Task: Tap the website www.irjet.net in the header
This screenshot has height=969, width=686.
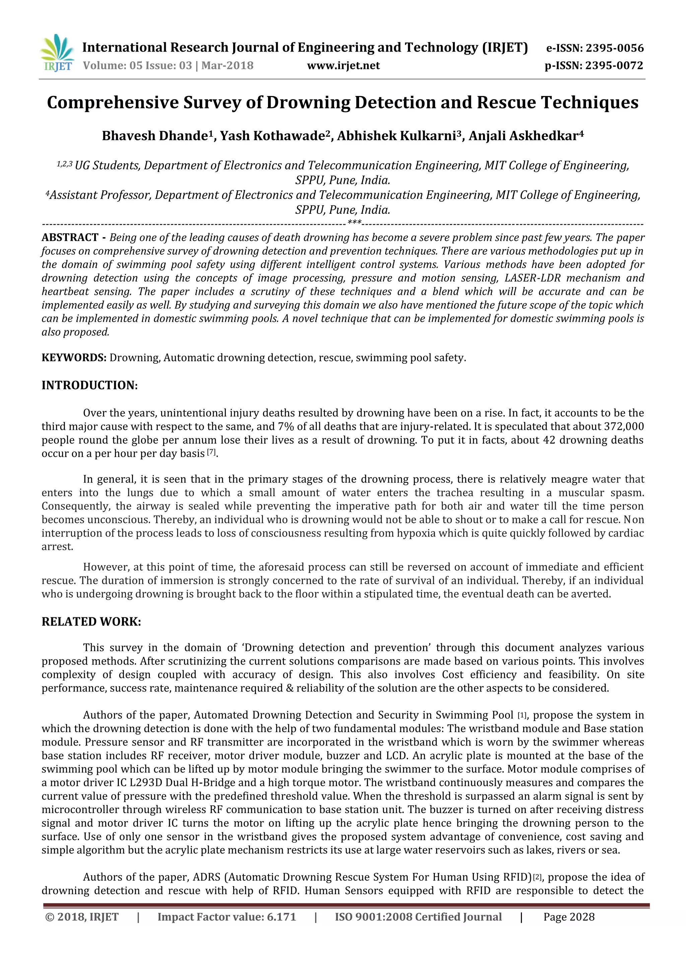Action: pyautogui.click(x=343, y=66)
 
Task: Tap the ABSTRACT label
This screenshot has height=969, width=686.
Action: pyautogui.click(x=70, y=238)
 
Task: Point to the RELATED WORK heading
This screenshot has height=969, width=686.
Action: pyautogui.click(x=91, y=622)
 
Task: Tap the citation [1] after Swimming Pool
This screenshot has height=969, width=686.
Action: pyautogui.click(x=522, y=716)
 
